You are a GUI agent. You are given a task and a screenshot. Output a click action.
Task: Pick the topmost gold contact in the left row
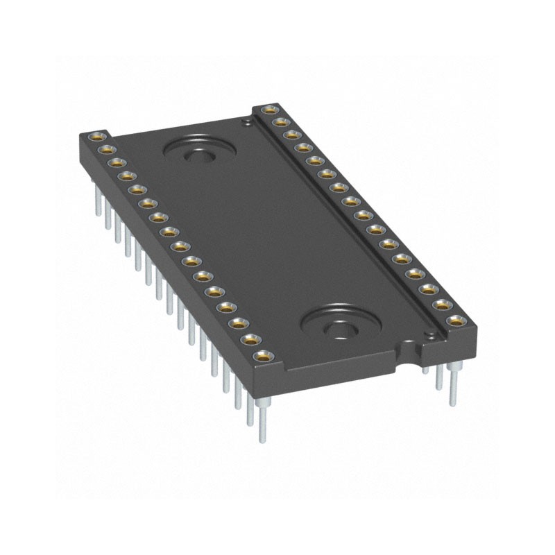96,135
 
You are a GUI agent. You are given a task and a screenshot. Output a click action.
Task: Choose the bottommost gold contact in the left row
262,357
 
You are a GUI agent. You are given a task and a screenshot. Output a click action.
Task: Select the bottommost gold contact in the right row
455,321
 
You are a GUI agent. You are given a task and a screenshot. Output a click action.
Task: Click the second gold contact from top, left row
105,148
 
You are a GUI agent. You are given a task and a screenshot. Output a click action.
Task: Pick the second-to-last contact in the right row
442,305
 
